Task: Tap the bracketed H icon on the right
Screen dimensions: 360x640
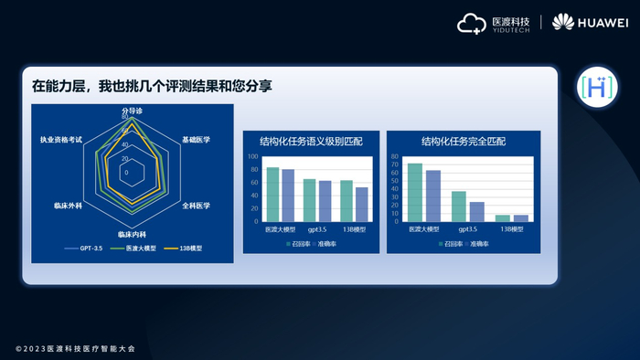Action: point(596,87)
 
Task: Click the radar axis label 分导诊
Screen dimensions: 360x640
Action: point(133,111)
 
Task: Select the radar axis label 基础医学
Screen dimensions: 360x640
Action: point(196,140)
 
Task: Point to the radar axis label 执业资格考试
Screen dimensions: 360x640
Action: point(61,140)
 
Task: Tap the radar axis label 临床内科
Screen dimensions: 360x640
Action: point(133,235)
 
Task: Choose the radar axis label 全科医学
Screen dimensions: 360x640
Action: point(196,206)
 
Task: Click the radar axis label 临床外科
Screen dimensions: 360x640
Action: point(69,206)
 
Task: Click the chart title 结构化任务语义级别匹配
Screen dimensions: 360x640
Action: point(311,142)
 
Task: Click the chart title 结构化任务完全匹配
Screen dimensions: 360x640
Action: point(463,142)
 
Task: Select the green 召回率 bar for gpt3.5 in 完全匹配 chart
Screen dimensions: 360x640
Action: point(459,206)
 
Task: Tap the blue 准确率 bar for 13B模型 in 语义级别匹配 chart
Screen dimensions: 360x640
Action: point(362,204)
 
